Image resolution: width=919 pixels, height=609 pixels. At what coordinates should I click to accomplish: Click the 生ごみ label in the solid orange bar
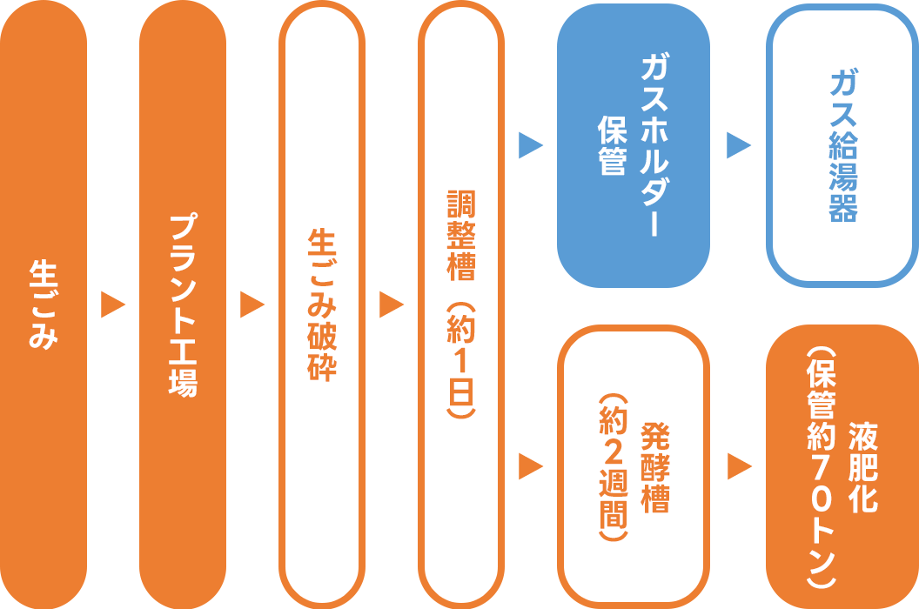point(44,304)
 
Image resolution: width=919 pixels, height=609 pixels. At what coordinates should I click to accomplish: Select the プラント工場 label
point(183,305)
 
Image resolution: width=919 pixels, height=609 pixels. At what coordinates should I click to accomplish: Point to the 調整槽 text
point(461,233)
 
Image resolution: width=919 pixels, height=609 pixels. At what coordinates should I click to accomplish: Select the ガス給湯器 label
point(842,145)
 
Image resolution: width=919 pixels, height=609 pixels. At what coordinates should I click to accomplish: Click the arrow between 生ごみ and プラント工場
point(113,304)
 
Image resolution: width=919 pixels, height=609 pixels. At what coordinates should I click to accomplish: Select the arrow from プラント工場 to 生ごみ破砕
point(252,304)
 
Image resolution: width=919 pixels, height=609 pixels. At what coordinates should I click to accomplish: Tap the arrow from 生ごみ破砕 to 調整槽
point(392,304)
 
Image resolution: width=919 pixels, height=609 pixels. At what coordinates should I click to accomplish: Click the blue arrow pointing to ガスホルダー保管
point(530,145)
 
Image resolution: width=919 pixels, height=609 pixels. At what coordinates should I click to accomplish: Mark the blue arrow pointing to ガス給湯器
point(739,145)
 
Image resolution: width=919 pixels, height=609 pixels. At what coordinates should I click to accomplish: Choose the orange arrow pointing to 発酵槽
point(530,467)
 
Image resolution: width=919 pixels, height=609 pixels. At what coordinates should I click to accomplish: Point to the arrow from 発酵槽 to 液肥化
point(739,467)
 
